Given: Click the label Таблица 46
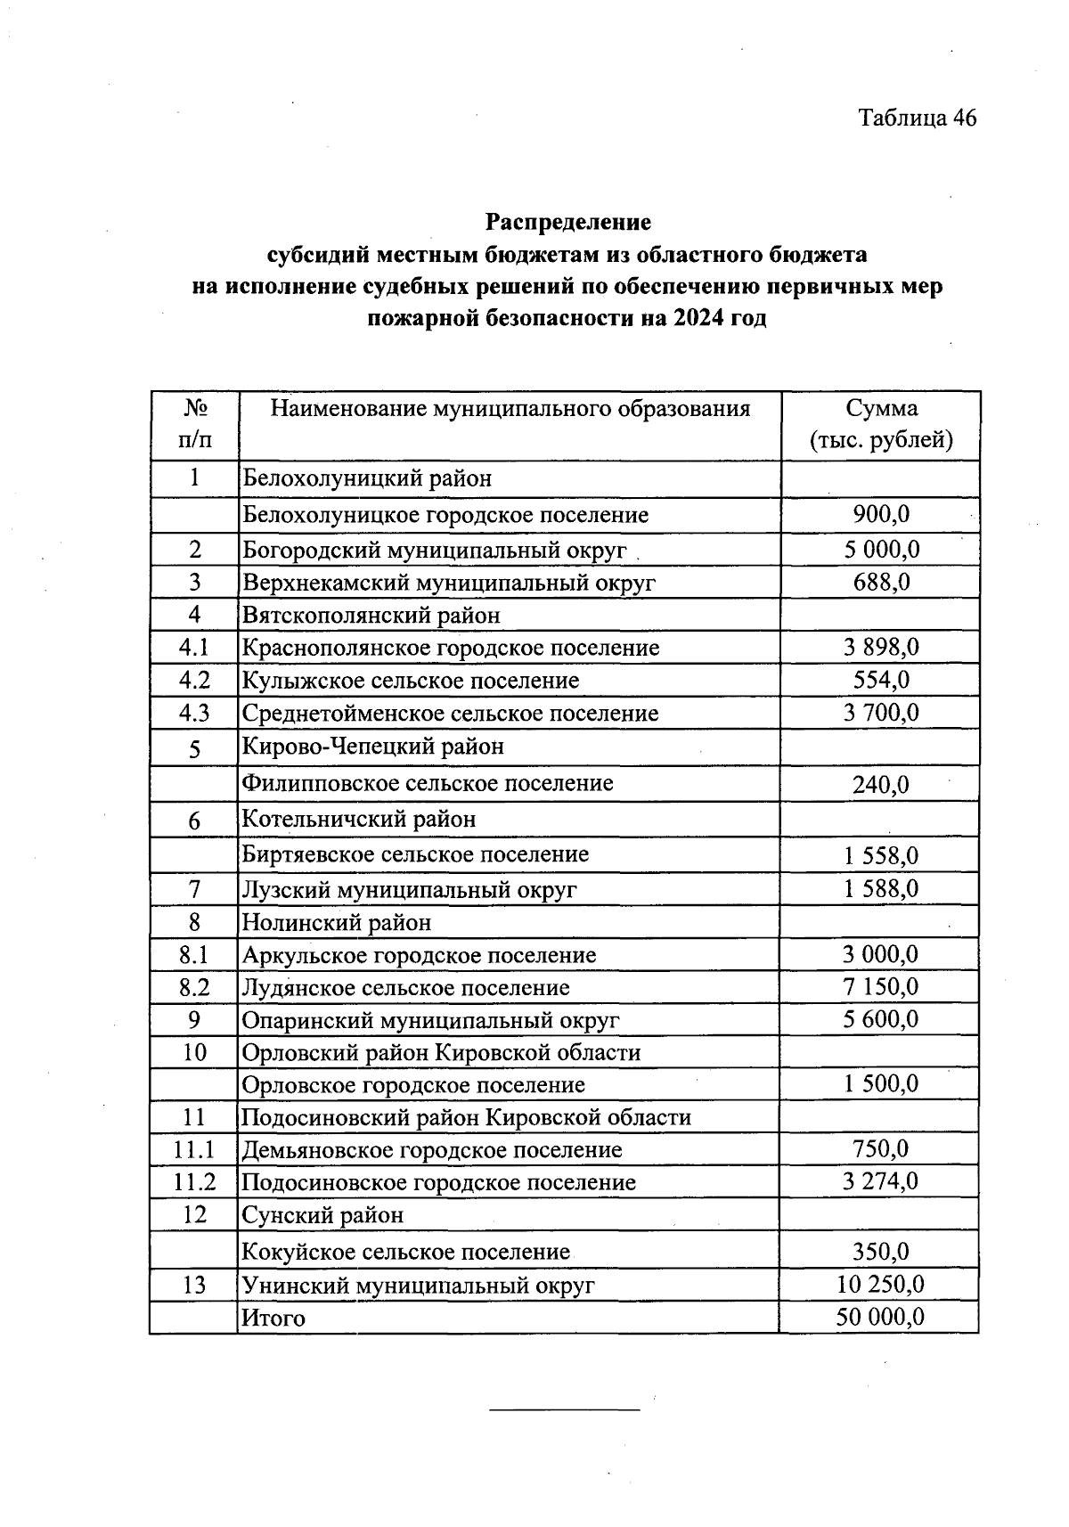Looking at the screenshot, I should coord(917,118).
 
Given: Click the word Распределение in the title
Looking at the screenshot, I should coord(567,221).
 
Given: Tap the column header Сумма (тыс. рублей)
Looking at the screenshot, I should coord(881,425).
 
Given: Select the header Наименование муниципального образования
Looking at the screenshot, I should coord(510,409).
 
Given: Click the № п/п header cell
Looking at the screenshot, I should coord(195,425).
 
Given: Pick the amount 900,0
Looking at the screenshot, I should coord(881,514).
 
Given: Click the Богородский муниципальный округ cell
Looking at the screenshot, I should coord(435,551).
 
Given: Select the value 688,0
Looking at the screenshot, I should coord(881,583).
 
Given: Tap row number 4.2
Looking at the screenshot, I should coord(194,681).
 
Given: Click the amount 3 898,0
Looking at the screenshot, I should coord(881,648).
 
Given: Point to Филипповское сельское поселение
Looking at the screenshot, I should coord(428,784).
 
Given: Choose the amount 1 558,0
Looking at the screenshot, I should coord(881,856).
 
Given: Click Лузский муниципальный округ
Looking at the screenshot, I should coord(410,890).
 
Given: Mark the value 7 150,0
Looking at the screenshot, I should coord(881,987).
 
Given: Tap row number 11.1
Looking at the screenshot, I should coord(194,1150).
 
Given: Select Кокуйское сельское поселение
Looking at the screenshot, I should coord(406,1253).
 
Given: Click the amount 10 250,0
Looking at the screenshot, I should coord(881,1285).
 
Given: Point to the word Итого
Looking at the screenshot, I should coord(273,1319).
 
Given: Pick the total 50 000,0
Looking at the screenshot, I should coord(881,1318).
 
